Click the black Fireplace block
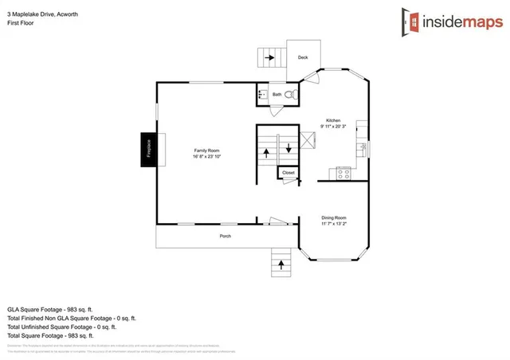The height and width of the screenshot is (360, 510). pos(148,150)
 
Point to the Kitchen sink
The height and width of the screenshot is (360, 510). pos(363,147)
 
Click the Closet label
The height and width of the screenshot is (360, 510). pos(288,172)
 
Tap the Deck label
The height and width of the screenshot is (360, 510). pos(303,57)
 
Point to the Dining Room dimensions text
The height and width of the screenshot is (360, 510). pos(334,224)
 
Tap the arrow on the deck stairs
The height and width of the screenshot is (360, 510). pos(270,57)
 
